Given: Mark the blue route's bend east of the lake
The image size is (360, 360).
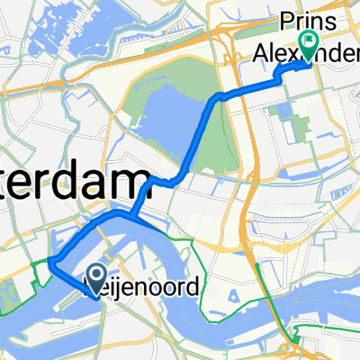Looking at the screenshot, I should coord(214,99).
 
